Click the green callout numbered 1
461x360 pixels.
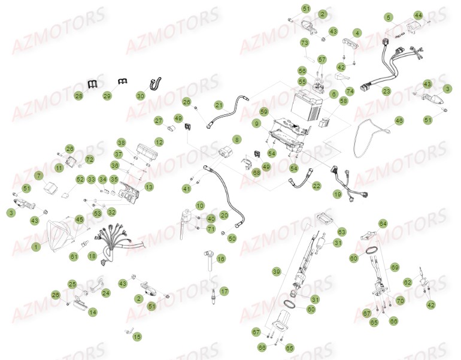coord(36,246)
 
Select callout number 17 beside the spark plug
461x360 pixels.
coord(224,292)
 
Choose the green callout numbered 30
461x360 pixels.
coord(140,95)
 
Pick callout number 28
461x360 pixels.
coord(78,95)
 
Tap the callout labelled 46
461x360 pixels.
coord(399,121)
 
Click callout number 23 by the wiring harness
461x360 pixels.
coord(386,91)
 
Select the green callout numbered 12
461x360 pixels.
coord(159,142)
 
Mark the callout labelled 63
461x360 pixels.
coord(341,231)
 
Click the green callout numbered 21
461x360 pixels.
coord(219,105)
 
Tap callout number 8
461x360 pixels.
coord(237,139)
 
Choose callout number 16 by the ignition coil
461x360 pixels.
coord(221,259)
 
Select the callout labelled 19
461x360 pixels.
coord(338,194)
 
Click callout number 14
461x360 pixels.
coord(92,312)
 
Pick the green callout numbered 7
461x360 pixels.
coord(39,176)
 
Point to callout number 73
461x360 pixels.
coord(304,43)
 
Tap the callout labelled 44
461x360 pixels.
coord(418,15)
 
